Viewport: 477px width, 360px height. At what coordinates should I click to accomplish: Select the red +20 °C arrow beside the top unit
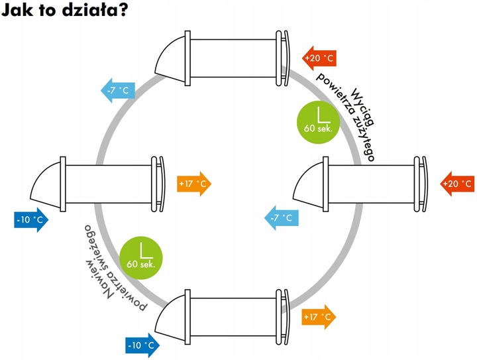click(x=319, y=58)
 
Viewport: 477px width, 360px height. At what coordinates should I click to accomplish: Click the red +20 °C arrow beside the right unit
click(x=456, y=183)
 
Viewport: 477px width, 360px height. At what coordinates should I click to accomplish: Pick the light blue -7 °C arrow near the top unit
click(x=118, y=90)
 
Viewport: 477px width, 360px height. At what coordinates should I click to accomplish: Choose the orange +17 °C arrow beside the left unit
click(x=194, y=183)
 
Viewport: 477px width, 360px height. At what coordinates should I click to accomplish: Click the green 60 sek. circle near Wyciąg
click(x=319, y=121)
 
